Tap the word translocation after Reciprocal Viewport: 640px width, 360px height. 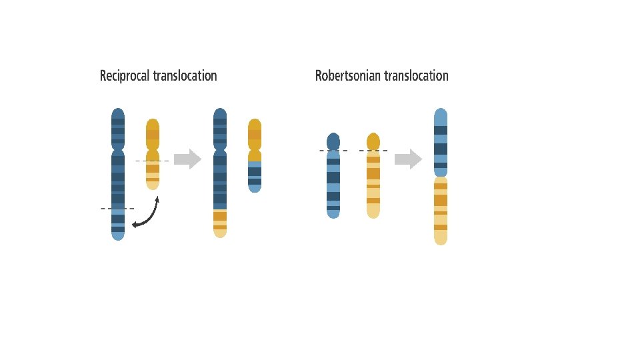click(185, 76)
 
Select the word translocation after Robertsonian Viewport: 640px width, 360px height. click(416, 76)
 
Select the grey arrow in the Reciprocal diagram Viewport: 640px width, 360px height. click(187, 159)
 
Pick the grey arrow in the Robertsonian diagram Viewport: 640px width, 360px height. click(408, 159)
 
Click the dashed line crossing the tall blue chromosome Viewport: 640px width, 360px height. click(117, 209)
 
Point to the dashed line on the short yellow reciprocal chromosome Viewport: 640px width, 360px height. click(152, 161)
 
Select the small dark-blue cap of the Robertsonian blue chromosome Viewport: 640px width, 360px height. click(333, 141)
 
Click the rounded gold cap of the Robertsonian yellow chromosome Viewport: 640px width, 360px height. click(373, 141)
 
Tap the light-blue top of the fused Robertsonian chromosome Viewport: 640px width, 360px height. click(441, 116)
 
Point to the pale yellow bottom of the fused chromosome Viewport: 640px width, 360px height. click(441, 237)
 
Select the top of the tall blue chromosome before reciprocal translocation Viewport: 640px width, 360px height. click(118, 115)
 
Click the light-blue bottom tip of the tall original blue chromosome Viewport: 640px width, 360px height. click(118, 234)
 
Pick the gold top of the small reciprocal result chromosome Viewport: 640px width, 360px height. click(255, 127)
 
